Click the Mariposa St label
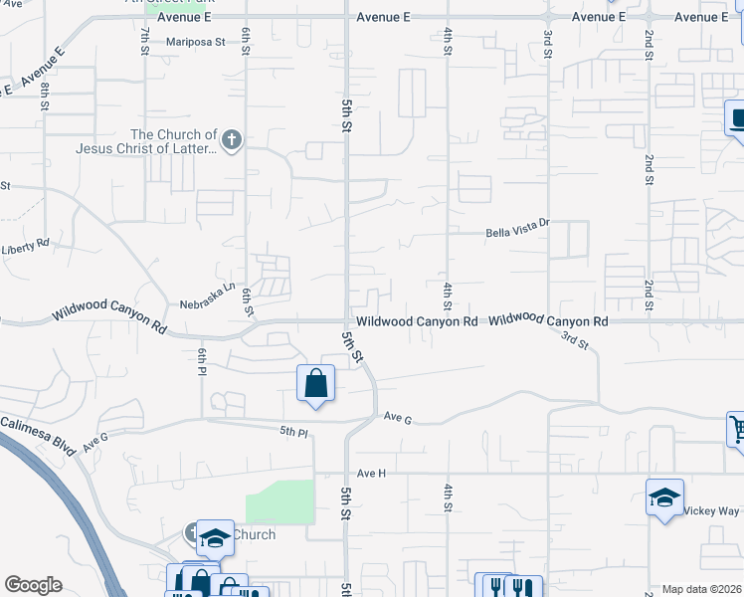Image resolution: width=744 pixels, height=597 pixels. (197, 43)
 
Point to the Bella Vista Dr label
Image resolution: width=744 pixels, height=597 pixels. (516, 233)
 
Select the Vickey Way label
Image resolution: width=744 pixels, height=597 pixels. (710, 510)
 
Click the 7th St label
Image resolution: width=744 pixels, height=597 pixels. (145, 39)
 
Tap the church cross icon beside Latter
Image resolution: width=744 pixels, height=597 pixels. (232, 140)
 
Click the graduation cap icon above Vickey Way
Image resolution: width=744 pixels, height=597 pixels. (664, 497)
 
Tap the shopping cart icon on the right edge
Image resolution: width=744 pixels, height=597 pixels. (735, 429)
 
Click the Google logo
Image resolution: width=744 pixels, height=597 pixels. (33, 585)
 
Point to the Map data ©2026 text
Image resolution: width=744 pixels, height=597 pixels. (701, 589)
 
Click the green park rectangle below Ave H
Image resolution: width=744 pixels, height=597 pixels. (279, 500)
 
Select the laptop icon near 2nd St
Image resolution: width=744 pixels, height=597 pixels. (735, 119)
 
